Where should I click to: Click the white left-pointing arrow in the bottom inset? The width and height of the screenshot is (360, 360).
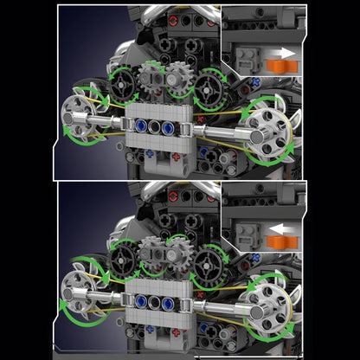click(x=277, y=229)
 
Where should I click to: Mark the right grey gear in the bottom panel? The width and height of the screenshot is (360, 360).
click(x=181, y=256)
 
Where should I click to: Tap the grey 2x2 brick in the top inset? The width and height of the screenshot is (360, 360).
click(x=247, y=59)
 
